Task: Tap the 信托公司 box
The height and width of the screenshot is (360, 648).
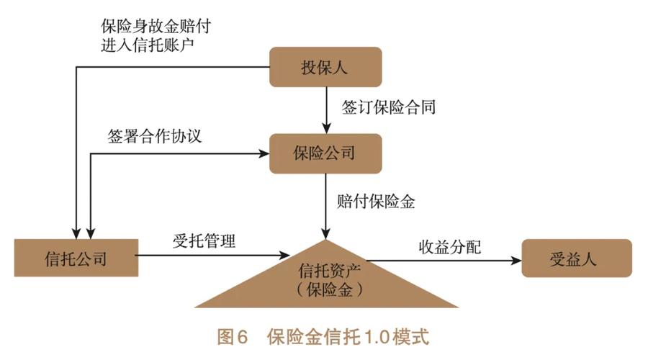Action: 76,257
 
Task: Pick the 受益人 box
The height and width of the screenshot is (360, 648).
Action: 576,257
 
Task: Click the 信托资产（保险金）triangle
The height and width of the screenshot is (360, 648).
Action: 328,280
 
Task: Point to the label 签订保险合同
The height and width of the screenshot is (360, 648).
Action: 389,109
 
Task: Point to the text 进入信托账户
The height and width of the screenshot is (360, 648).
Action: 148,45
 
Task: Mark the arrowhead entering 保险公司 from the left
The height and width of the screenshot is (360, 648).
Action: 263,153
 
